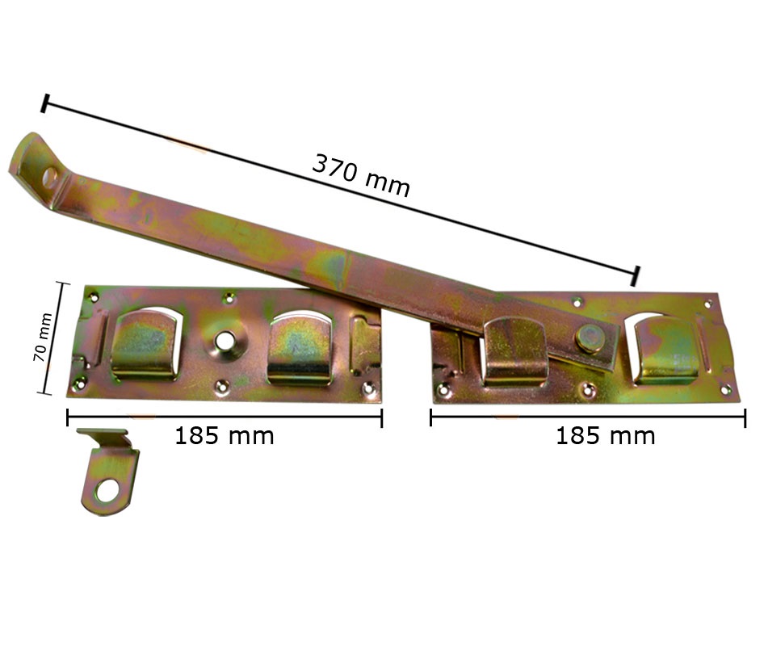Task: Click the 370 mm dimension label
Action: click(360, 175)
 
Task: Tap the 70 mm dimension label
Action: click(42, 337)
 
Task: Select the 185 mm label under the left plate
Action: click(225, 435)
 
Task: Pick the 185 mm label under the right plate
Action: click(605, 435)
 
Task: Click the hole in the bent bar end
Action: click(50, 177)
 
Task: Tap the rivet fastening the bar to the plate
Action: click(590, 337)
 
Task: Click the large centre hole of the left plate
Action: click(225, 340)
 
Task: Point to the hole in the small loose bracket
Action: click(107, 491)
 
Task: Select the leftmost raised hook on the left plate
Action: click(145, 346)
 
